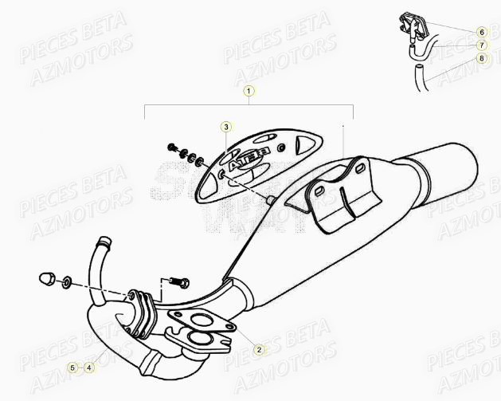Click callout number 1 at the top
[249, 91]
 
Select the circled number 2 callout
[259, 349]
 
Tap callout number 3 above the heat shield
[226, 127]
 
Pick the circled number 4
[89, 368]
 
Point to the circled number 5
[72, 368]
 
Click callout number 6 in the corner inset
[481, 31]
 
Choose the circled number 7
[481, 45]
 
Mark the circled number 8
[481, 58]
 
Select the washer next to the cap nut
[65, 281]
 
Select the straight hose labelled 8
[418, 80]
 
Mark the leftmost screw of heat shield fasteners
[172, 147]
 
